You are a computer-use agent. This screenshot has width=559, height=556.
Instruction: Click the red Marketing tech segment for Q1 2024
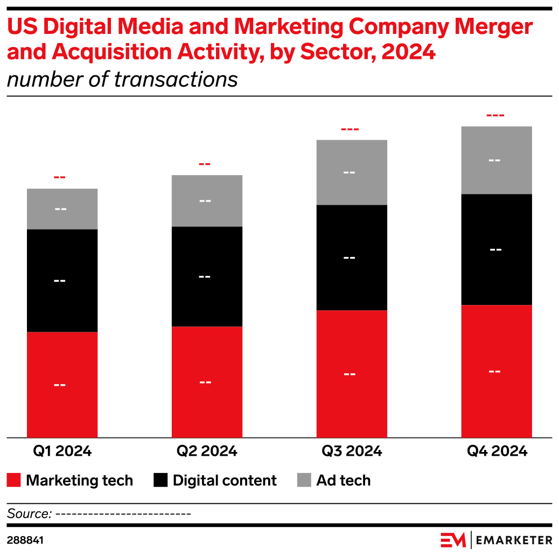point(62,384)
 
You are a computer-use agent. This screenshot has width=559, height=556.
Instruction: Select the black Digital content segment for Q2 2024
point(207,276)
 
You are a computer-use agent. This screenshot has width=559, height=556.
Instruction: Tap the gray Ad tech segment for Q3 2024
point(352,172)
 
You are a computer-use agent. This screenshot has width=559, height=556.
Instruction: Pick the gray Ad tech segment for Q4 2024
point(496,160)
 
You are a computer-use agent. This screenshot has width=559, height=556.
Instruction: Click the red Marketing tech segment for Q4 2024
point(496,371)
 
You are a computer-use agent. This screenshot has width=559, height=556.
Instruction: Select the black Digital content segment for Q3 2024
point(352,258)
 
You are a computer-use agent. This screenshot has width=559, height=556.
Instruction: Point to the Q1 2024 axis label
point(61,451)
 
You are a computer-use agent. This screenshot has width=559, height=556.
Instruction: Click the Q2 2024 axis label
point(207,451)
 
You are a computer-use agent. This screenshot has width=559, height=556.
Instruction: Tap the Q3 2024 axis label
point(352,451)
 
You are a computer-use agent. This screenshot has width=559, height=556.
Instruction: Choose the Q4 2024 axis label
point(497,451)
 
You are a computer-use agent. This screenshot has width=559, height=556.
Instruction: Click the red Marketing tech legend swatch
point(14,480)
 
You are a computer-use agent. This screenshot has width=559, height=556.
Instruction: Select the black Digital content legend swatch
point(161,480)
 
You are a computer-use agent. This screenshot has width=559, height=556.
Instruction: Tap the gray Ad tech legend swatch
point(304,480)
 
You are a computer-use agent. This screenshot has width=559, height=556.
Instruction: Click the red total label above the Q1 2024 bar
point(60,177)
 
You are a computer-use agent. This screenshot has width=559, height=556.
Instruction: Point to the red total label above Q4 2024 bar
point(495,115)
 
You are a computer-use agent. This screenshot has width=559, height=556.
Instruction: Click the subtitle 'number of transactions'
point(122,79)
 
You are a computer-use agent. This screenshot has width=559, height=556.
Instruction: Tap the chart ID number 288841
point(25,540)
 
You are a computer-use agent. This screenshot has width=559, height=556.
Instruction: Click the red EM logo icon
point(452,540)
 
